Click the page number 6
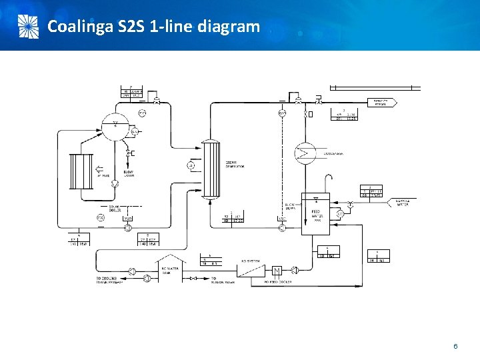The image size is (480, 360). click(455, 347)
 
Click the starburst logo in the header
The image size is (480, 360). click(27, 26)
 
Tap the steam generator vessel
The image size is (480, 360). click(211, 168)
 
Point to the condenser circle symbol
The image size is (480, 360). click(306, 153)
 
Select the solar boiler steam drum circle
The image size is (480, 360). click(114, 124)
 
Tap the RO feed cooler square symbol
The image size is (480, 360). click(276, 270)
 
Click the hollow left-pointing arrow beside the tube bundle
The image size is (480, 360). click(100, 169)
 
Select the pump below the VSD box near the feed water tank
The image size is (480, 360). click(282, 228)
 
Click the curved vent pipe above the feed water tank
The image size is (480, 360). click(327, 178)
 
